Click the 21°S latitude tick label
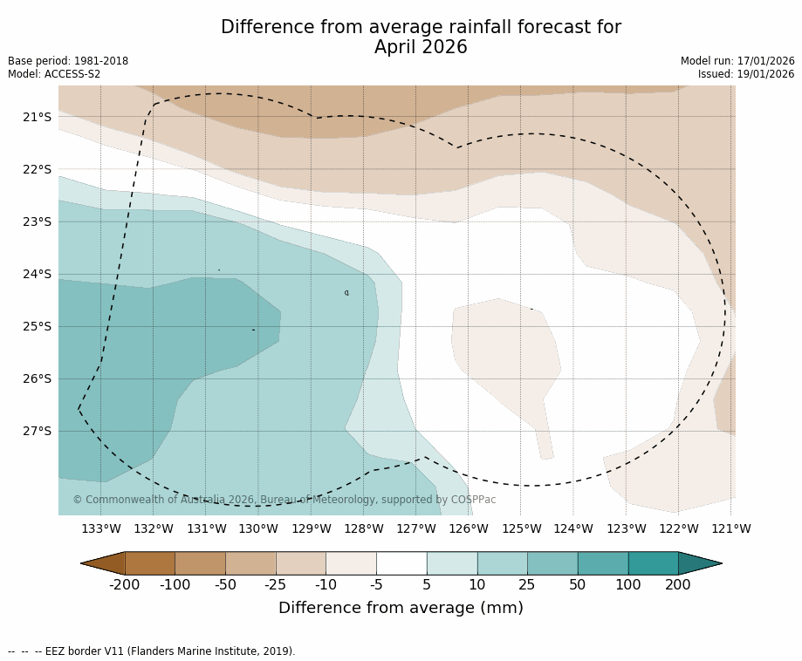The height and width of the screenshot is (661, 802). (37, 117)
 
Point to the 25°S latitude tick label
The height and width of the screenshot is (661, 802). (37, 326)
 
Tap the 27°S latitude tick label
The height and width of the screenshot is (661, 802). (37, 431)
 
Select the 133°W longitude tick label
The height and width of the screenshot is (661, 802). (101, 528)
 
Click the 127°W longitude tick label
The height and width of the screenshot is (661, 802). (416, 528)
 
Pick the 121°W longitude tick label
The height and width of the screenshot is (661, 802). (730, 528)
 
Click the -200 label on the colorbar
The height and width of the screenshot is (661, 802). (125, 584)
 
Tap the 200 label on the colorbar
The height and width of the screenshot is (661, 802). (678, 584)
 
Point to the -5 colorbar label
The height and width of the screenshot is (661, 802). (376, 584)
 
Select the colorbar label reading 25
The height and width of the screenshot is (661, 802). (527, 584)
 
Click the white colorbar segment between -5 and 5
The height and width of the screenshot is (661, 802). (401, 563)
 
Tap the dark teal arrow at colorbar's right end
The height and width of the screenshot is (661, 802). (699, 563)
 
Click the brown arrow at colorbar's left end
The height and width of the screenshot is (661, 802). (103, 563)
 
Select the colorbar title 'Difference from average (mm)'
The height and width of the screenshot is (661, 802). (401, 608)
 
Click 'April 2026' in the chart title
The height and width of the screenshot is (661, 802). (421, 48)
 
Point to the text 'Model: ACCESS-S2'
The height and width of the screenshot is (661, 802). (54, 74)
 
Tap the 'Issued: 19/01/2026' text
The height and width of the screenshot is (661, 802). (745, 74)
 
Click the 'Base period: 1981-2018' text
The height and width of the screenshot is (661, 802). (68, 61)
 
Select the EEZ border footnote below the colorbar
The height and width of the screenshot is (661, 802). (152, 651)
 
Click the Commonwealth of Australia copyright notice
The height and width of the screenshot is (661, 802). (284, 500)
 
